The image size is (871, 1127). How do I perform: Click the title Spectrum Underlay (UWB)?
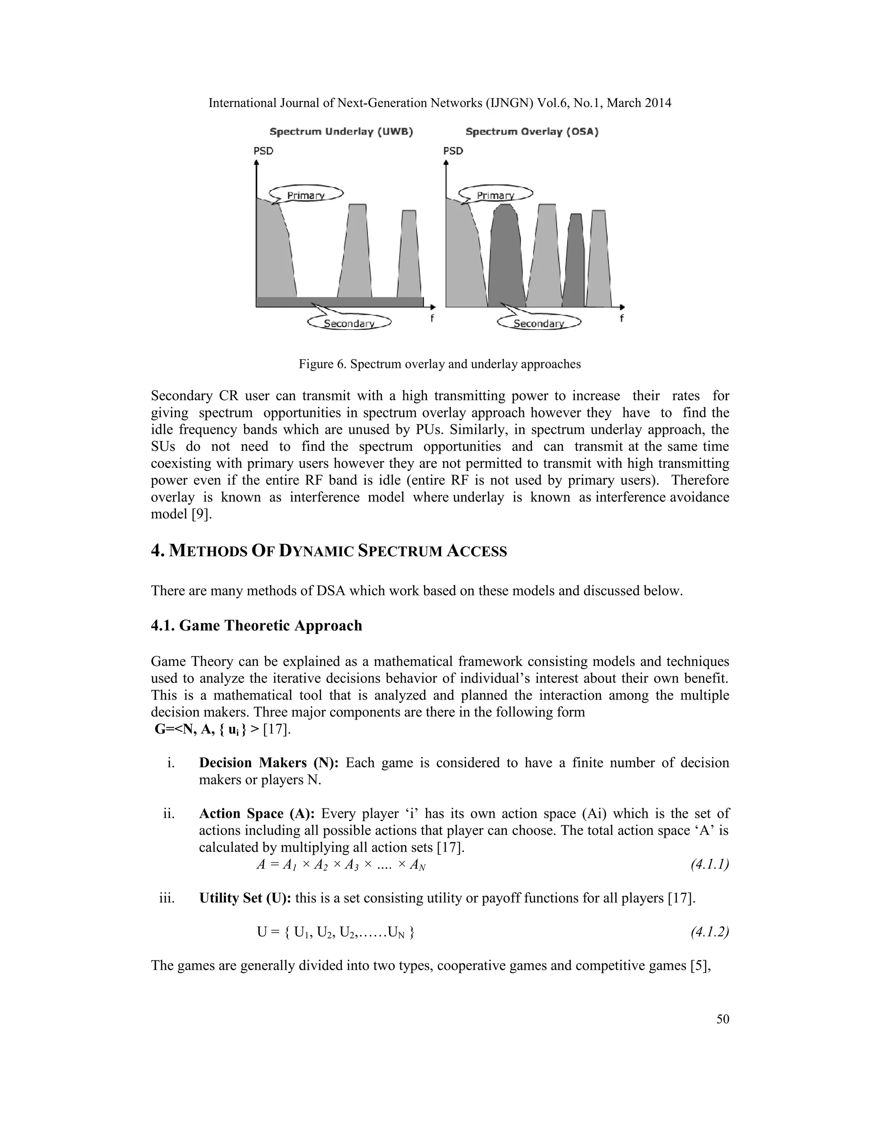point(341,132)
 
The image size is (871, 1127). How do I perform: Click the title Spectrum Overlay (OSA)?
point(532,132)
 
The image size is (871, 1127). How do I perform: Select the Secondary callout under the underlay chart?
point(349,324)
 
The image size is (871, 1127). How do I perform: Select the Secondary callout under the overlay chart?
point(539,324)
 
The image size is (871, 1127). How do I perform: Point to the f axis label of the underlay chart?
point(432,319)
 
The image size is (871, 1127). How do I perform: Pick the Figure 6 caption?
point(440,364)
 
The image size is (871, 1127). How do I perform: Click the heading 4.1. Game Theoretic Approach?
point(256,626)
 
